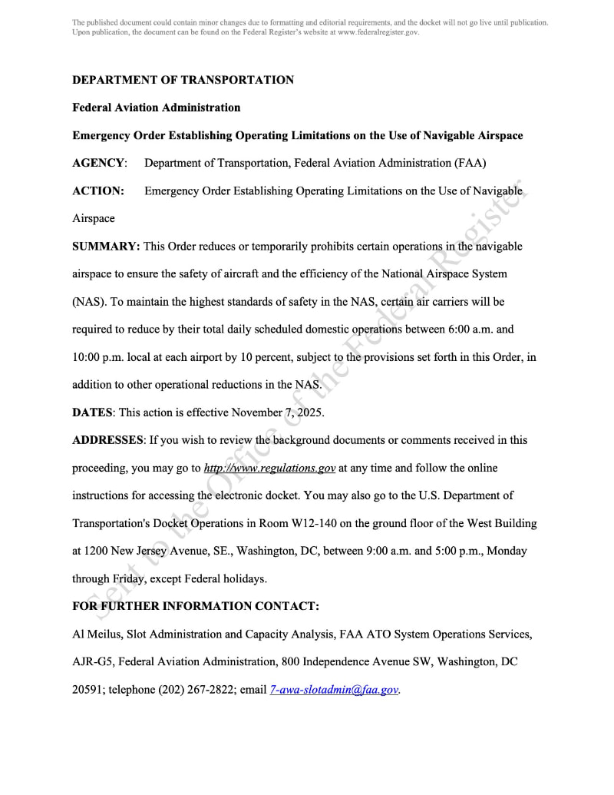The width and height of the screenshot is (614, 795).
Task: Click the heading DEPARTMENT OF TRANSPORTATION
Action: (183, 80)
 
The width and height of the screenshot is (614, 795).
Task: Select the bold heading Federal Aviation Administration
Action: (156, 108)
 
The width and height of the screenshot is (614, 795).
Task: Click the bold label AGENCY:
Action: (99, 163)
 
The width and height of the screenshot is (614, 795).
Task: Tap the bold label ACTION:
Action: (97, 190)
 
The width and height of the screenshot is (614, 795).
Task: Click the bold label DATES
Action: (92, 412)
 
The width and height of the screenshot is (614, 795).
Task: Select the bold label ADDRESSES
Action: (107, 440)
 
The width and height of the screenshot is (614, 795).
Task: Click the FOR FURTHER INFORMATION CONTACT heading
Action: (195, 606)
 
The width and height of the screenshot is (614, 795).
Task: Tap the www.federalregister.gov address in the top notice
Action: (378, 32)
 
